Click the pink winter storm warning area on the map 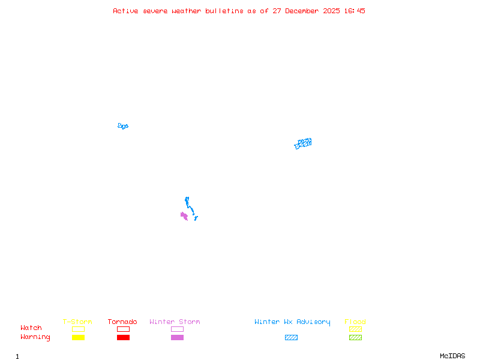coord(184,215)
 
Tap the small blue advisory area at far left coord(123,126)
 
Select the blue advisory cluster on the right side coord(303,143)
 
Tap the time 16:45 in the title coord(354,11)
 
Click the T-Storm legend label coord(77,322)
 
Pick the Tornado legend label coord(122,322)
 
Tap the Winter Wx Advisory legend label coord(292,322)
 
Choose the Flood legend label coord(355,322)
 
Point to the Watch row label coord(31,328)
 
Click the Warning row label coord(35,337)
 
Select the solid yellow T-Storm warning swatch coord(78,337)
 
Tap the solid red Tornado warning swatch coord(123,337)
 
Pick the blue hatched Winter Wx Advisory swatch coord(291,337)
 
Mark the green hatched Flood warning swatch coord(355,337)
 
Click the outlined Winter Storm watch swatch coord(177,329)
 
